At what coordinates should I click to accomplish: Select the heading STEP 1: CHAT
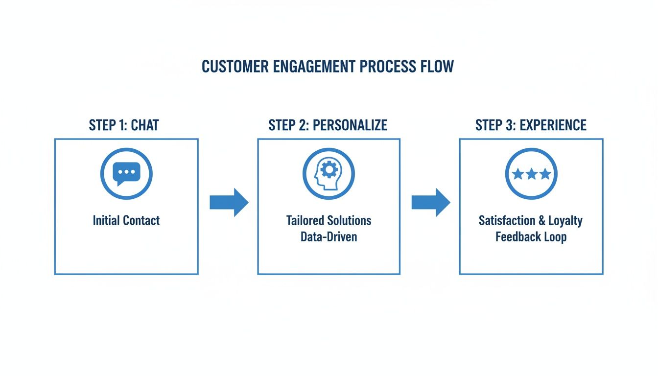click(x=124, y=125)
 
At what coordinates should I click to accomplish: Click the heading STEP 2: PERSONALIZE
click(x=328, y=125)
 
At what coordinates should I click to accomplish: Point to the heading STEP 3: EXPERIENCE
click(x=531, y=125)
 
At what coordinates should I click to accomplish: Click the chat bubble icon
click(x=126, y=174)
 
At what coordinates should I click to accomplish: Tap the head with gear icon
click(x=328, y=174)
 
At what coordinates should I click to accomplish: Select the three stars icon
click(x=531, y=174)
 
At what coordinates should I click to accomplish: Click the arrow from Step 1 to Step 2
click(x=229, y=202)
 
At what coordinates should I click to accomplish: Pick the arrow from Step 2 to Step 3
click(x=430, y=202)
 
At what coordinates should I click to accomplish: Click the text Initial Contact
click(x=126, y=221)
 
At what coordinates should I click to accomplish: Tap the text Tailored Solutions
click(x=329, y=221)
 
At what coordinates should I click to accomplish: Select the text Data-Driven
click(x=329, y=237)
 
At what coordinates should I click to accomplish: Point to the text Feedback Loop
click(x=531, y=237)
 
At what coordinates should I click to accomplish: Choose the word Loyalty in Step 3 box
click(x=565, y=221)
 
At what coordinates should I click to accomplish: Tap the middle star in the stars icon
click(x=531, y=174)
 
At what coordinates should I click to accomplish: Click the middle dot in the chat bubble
click(x=126, y=172)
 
